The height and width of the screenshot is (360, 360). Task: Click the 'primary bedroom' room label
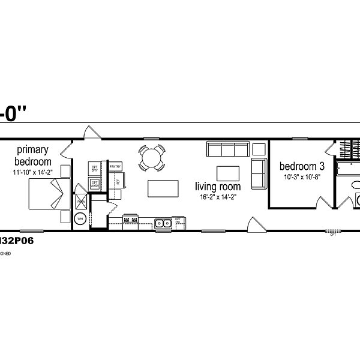coord(34,155)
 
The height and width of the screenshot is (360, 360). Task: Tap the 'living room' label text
coord(218,187)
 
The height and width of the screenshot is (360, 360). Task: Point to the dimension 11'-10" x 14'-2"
coord(34,173)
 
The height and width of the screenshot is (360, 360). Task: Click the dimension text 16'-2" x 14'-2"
coord(218,197)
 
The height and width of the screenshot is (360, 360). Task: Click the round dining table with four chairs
coord(151,159)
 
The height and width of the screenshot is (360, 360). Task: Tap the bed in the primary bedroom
coord(45,195)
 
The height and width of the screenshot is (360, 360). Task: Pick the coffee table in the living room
coord(228,173)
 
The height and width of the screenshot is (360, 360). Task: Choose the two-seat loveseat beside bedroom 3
coord(259,173)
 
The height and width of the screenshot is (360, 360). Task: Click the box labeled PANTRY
coord(116,166)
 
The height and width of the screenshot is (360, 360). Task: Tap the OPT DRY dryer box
coord(95,169)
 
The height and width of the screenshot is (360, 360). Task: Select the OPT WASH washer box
coord(95,185)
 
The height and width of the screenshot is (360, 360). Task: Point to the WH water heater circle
coord(79,220)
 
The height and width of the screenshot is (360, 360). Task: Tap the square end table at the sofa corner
coord(259,149)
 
